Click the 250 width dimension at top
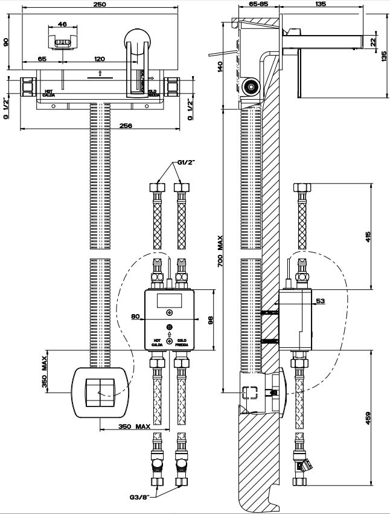pyautogui.click(x=100, y=4)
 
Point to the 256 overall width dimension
pyautogui.click(x=100, y=126)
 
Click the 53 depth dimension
pyautogui.click(x=321, y=300)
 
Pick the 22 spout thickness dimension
pyautogui.click(x=374, y=41)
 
